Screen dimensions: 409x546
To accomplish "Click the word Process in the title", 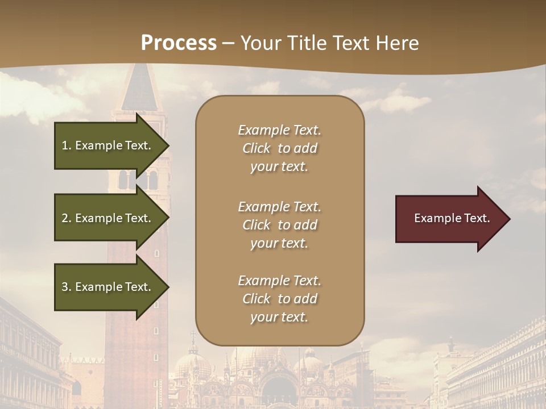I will [x=179, y=43].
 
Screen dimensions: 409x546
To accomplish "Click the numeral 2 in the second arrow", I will [x=65, y=218].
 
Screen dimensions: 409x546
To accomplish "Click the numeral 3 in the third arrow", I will [x=65, y=287].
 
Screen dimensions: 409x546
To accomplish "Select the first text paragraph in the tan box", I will [x=279, y=148].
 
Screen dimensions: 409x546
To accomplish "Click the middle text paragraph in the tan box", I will [x=279, y=225].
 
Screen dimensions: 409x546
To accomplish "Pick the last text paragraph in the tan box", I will [x=279, y=299].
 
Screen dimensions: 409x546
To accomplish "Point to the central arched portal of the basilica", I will [x=279, y=392].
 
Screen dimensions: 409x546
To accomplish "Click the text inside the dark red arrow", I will [x=452, y=218].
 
